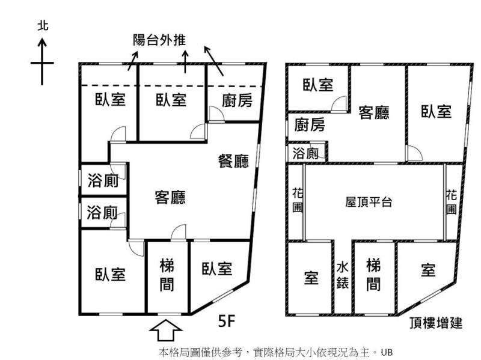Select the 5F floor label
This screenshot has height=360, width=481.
pyautogui.click(x=226, y=322)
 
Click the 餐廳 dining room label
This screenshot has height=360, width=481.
pyautogui.click(x=234, y=162)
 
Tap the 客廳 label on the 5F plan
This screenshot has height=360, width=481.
pyautogui.click(x=170, y=197)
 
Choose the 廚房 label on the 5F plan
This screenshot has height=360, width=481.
pyautogui.click(x=237, y=101)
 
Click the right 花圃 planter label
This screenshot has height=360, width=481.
pyautogui.click(x=452, y=201)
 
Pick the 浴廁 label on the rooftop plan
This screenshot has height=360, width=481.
pyautogui.click(x=305, y=153)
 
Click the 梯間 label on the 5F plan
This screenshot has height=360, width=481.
pyautogui.click(x=168, y=275)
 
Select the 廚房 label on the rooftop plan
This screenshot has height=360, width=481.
pyautogui.click(x=310, y=124)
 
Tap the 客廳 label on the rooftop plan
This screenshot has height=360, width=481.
pyautogui.click(x=373, y=112)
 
